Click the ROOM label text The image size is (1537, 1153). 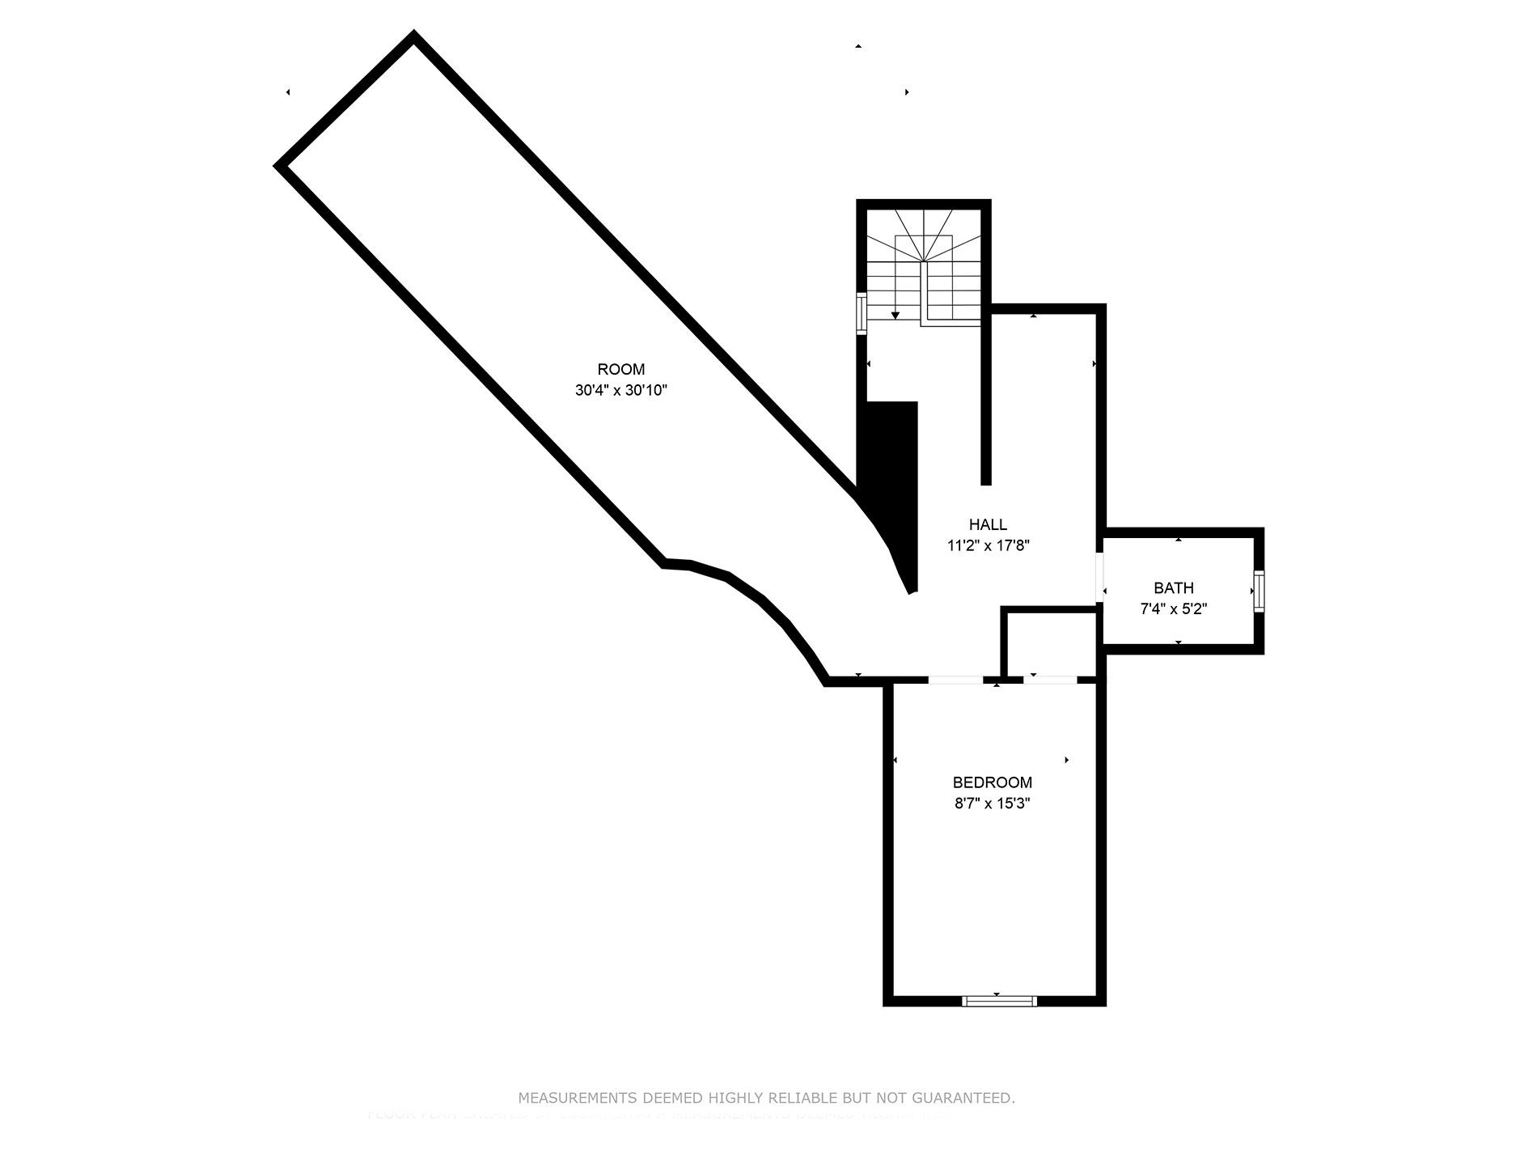[621, 369]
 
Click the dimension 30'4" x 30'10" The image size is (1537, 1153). [621, 390]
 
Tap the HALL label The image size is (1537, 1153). [988, 524]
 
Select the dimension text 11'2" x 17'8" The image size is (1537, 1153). [988, 545]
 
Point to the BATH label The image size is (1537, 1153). [1173, 588]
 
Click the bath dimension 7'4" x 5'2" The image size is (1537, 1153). [1173, 609]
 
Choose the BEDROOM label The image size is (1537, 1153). [992, 782]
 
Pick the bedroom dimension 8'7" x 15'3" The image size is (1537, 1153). [992, 803]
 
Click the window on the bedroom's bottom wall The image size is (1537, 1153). [999, 1001]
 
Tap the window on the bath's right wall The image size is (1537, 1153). [1259, 589]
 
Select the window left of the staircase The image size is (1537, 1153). [862, 314]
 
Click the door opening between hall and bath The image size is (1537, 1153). [1100, 576]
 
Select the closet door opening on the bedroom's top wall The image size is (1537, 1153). [1050, 680]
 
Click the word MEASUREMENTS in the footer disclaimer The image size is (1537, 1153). [578, 1098]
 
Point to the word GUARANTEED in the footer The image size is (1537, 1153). [963, 1098]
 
